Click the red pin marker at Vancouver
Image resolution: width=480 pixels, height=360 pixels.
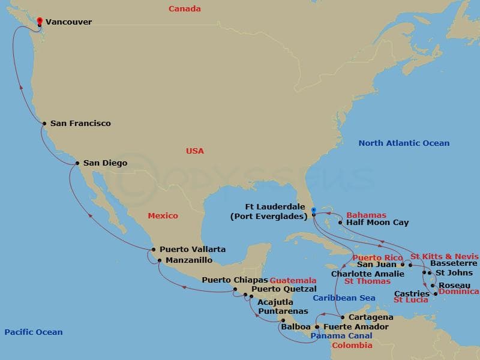[x=40, y=21]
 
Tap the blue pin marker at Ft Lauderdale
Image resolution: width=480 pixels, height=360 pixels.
[x=313, y=211]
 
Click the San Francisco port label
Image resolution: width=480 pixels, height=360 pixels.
[x=80, y=124]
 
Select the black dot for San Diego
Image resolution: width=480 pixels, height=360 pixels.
[x=77, y=163]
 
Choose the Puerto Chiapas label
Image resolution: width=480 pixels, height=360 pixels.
[x=234, y=280]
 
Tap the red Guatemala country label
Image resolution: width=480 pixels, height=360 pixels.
[x=293, y=280]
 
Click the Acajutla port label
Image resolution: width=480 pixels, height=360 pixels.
[x=275, y=302]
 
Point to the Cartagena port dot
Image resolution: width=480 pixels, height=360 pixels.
[x=342, y=317]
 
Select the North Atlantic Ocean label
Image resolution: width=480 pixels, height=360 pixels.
[x=403, y=143]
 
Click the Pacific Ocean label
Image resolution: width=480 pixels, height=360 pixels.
[x=33, y=332]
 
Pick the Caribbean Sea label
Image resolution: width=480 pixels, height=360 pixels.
[x=344, y=298]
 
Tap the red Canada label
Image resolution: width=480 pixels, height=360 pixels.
[x=184, y=9]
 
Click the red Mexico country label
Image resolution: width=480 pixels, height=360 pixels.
[x=163, y=215]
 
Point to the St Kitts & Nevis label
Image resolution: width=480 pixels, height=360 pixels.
[x=444, y=256]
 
